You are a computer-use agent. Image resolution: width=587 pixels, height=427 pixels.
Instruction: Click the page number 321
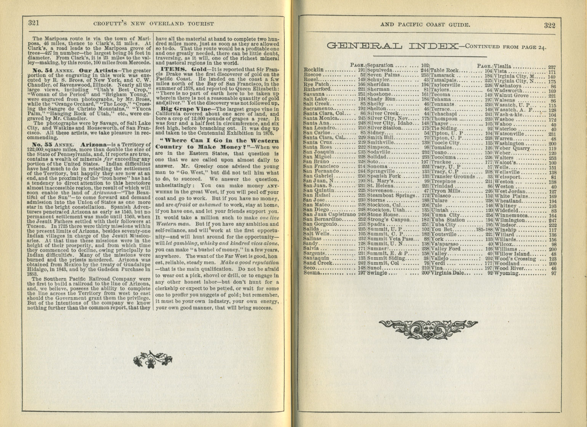34,23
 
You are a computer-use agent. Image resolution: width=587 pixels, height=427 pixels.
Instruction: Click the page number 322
549,26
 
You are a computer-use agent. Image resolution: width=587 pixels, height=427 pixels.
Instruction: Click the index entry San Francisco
321,166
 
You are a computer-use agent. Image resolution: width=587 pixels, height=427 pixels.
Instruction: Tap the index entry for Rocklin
314,70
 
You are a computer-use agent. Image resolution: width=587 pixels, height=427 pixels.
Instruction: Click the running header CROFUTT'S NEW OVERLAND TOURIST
154,24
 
